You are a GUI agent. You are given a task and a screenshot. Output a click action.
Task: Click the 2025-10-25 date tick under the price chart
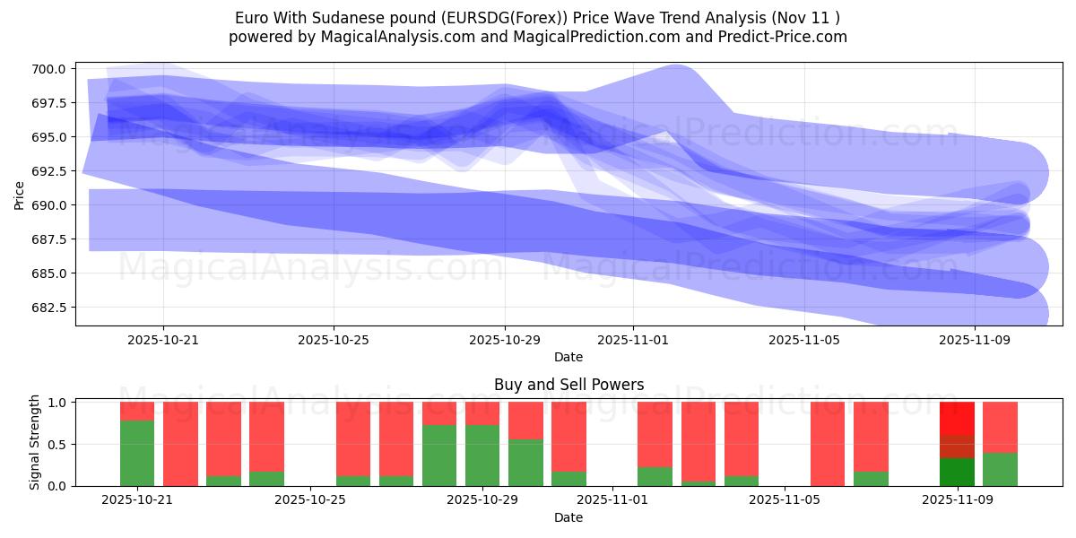point(334,340)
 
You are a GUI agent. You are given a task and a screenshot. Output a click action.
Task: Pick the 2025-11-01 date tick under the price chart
point(633,340)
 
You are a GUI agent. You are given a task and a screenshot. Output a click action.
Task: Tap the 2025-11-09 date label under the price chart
point(975,340)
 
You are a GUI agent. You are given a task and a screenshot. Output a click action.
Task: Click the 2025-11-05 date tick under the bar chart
point(785,500)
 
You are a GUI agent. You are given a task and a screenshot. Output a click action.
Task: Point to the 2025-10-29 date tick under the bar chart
point(482,500)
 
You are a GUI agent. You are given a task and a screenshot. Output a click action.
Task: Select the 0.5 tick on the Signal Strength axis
point(56,445)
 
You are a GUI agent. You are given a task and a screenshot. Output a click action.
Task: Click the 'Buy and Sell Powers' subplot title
point(568,385)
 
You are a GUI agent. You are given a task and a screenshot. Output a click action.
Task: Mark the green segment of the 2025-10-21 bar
point(137,453)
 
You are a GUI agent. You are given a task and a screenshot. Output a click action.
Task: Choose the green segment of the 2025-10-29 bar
point(482,456)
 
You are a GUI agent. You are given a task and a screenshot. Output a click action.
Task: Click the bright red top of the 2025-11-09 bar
point(957,418)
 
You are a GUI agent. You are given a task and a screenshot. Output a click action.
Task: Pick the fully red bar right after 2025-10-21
point(180,444)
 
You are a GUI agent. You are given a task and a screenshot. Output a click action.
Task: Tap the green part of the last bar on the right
point(1000,469)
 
